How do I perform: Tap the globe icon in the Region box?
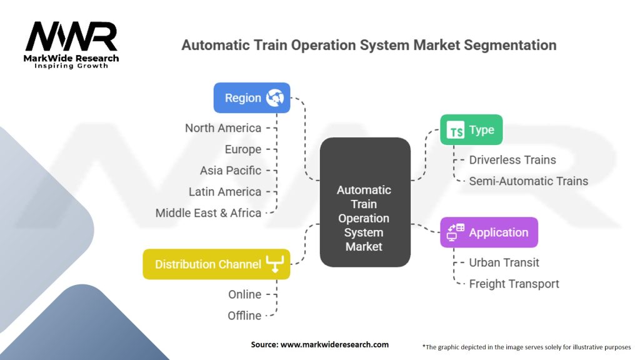click(x=275, y=97)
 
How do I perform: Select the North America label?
click(x=223, y=128)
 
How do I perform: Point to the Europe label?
click(x=243, y=149)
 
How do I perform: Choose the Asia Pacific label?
click(x=231, y=171)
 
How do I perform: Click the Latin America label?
click(x=225, y=192)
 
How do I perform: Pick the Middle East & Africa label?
click(x=209, y=213)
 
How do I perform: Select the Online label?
click(x=244, y=294)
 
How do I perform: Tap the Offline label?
click(x=244, y=316)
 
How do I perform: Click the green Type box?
click(x=471, y=130)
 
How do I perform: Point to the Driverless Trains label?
click(x=512, y=160)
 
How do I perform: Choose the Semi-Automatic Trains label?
click(x=529, y=181)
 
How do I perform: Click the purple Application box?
click(x=489, y=232)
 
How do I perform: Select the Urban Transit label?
click(x=504, y=262)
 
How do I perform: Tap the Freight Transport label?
click(x=514, y=284)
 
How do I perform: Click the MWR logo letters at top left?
click(x=72, y=37)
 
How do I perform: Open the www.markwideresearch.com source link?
click(x=335, y=344)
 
